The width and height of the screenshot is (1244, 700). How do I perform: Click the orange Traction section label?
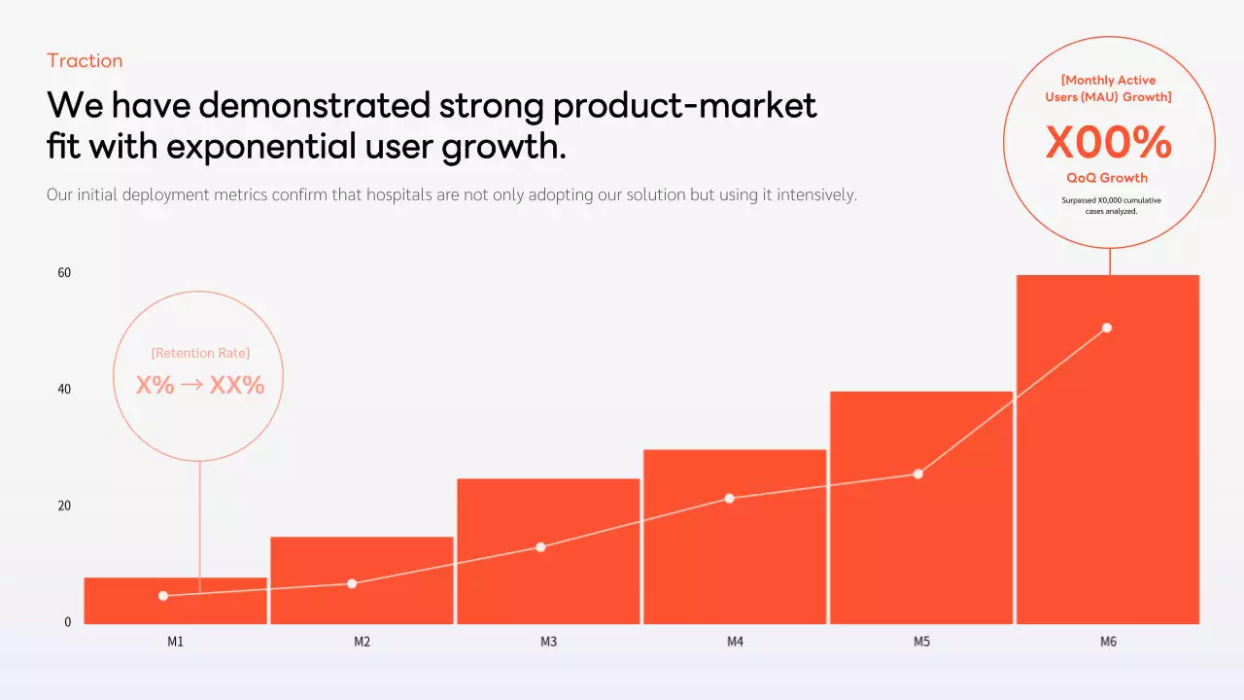click(x=85, y=60)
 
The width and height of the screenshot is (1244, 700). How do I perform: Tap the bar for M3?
click(x=548, y=583)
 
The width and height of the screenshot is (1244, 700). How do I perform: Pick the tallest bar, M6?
click(x=1108, y=467)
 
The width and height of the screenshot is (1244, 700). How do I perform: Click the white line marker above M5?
click(x=917, y=474)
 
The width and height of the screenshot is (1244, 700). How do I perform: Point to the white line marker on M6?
click(x=1106, y=328)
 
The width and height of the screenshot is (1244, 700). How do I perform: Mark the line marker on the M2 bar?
click(x=352, y=583)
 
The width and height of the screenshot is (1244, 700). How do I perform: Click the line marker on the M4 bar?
click(x=729, y=499)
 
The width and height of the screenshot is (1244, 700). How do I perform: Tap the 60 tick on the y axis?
click(x=64, y=273)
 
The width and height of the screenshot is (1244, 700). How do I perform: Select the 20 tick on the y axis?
click(x=64, y=506)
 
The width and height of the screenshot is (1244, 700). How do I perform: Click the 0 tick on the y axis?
click(x=67, y=622)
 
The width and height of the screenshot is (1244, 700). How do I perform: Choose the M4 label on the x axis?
click(x=735, y=643)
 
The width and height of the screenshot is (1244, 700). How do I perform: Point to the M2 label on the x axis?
click(x=362, y=643)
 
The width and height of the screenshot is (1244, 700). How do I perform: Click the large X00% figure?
click(x=1108, y=144)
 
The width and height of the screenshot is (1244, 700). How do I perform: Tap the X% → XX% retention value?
click(x=200, y=385)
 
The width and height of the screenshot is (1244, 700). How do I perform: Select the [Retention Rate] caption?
click(x=200, y=353)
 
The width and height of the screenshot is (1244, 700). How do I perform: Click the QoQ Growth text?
click(x=1107, y=178)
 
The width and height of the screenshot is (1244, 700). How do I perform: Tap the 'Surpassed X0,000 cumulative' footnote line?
click(x=1111, y=200)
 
